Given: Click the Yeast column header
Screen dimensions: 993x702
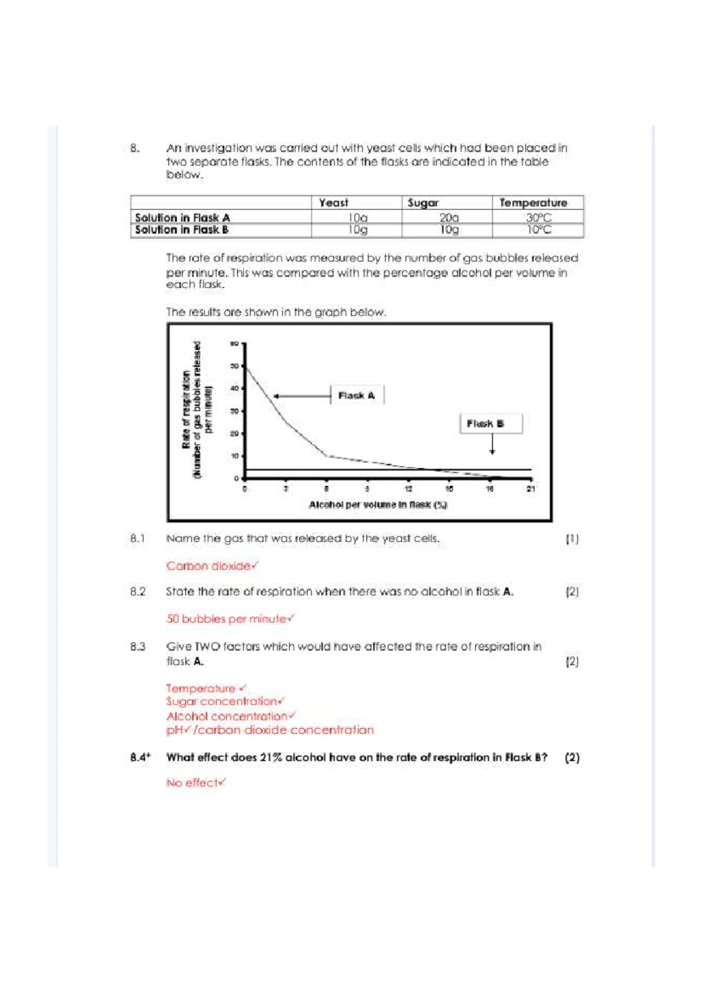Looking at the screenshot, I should point(333,203).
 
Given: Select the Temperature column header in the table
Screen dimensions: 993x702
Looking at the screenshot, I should point(533,203).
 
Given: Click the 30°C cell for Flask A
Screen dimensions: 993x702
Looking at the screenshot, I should point(538,218).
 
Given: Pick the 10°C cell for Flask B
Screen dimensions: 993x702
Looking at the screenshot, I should point(538,230).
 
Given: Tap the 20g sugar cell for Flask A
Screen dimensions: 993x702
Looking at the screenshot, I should point(449,218).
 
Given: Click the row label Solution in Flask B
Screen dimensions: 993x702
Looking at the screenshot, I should point(182,230).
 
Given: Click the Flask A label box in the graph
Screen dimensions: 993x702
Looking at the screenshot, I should point(357,396).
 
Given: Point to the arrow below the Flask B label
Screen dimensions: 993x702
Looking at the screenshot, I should point(493,445).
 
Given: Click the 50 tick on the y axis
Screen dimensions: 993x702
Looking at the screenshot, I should point(235,366).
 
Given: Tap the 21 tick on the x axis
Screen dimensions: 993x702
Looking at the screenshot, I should point(531,489).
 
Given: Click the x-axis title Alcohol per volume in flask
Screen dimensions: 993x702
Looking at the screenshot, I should point(378,505).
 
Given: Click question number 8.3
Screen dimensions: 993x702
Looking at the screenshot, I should point(138,647).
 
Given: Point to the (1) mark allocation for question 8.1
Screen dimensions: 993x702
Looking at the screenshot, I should point(572,539).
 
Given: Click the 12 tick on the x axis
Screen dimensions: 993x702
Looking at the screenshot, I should point(408,489).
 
